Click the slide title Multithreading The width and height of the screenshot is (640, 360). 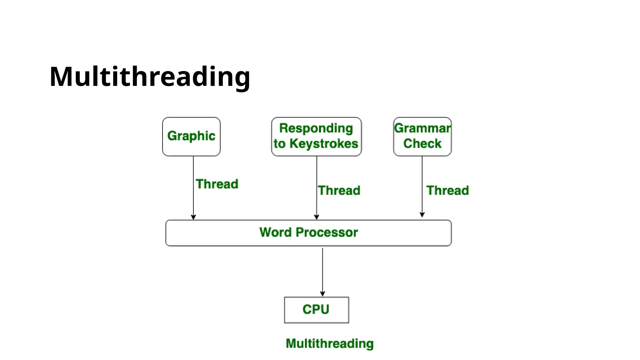coord(150,77)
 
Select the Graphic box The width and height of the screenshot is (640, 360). coord(191,136)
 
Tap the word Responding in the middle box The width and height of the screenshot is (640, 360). coord(316,128)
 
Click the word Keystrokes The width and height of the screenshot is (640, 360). coord(324,144)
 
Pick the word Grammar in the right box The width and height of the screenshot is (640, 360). coord(422,128)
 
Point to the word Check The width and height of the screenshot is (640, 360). coord(422,144)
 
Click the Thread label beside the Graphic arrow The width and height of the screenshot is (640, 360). coord(217,184)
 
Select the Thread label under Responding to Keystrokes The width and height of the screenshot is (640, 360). coord(339,191)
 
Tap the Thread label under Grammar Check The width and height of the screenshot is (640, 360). coord(447,191)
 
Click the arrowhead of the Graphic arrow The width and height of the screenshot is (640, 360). coord(193,217)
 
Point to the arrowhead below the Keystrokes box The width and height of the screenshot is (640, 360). coord(317,217)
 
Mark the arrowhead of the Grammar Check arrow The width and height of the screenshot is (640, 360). coord(422,215)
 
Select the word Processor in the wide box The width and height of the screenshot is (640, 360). coord(327,232)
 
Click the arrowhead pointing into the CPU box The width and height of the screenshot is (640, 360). coord(322,294)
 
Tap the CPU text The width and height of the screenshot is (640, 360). coord(316,309)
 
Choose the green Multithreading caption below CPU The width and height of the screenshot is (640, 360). coord(330,343)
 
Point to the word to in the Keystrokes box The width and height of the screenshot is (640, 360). coord(280,144)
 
